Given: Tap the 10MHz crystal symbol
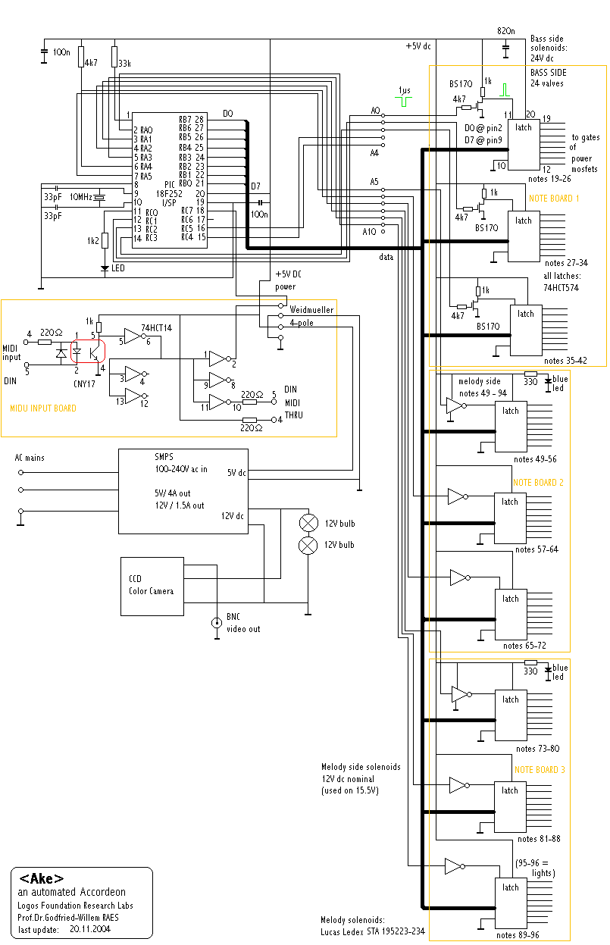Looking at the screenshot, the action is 99,197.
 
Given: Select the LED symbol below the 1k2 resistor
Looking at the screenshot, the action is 105,268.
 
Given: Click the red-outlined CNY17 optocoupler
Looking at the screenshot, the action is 88,351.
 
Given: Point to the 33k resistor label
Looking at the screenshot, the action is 124,64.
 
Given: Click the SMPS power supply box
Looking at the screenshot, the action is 183,492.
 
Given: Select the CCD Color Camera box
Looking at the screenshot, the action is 152,587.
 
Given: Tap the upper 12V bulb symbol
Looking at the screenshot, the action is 308,523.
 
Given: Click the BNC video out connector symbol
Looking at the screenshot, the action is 217,622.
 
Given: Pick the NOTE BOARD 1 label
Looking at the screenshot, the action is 554,199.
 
